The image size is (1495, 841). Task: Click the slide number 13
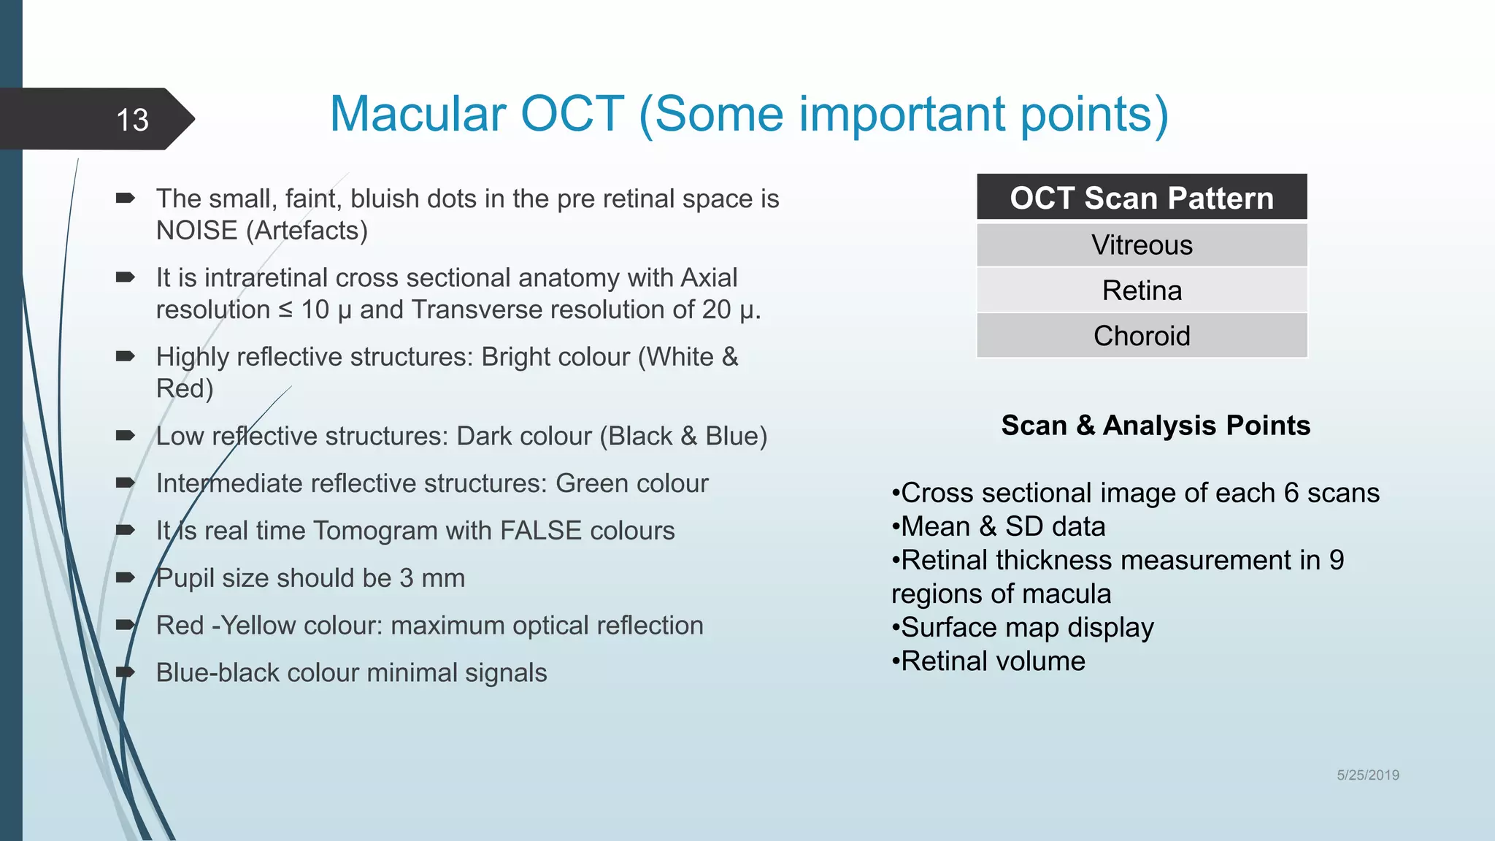(x=132, y=120)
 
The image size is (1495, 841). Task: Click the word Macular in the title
(x=417, y=115)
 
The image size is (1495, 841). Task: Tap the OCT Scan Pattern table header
(x=1141, y=198)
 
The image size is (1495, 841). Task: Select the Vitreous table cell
(x=1141, y=245)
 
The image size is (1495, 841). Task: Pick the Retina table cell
(x=1141, y=291)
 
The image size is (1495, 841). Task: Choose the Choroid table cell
(x=1141, y=336)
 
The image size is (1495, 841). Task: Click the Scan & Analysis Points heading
(x=1155, y=425)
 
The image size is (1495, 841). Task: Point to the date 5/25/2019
(x=1367, y=775)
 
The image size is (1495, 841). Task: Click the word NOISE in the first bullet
(x=196, y=231)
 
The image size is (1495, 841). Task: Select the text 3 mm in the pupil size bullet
(x=431, y=578)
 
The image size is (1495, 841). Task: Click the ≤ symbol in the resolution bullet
(x=285, y=310)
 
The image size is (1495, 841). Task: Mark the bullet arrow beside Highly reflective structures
(x=125, y=356)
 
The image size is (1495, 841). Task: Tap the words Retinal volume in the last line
(x=993, y=661)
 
